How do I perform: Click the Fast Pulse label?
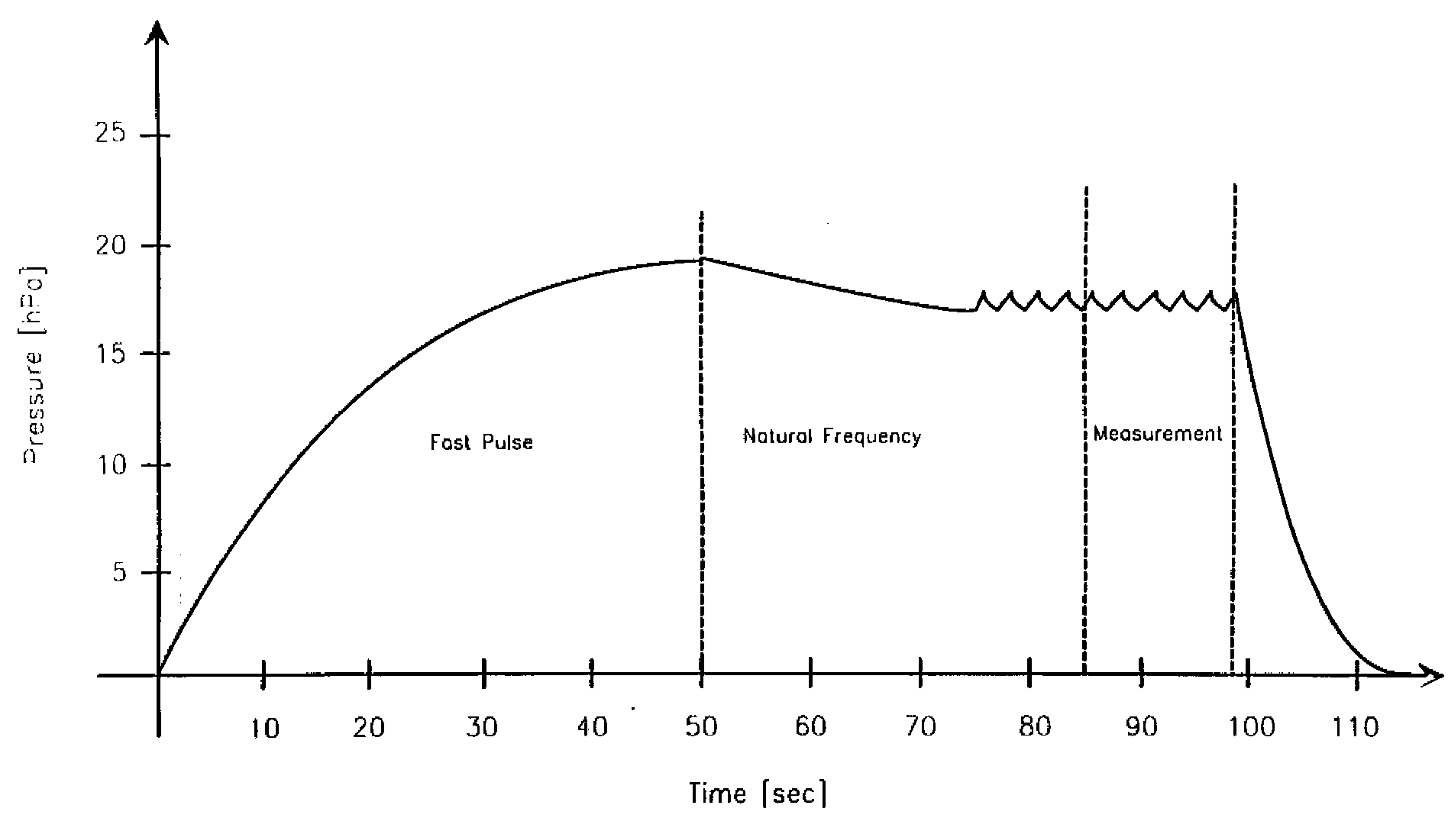[x=481, y=442]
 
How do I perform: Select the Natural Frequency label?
[x=832, y=437]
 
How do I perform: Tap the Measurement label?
[x=1158, y=434]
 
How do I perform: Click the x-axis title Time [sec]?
[x=758, y=794]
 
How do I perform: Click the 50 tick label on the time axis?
[x=701, y=726]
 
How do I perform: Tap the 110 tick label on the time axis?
[x=1355, y=726]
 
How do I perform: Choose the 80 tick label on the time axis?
[x=1035, y=726]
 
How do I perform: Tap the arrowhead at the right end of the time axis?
[x=1431, y=675]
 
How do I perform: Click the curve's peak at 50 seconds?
[x=702, y=259]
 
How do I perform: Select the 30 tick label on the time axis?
[x=481, y=726]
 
